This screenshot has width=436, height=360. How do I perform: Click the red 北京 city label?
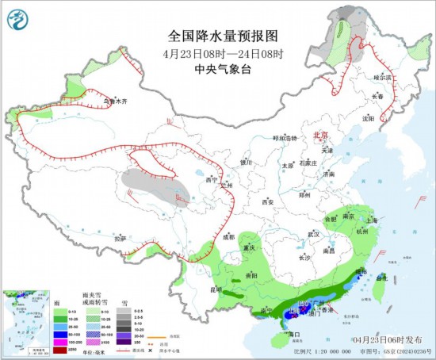[319, 135]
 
